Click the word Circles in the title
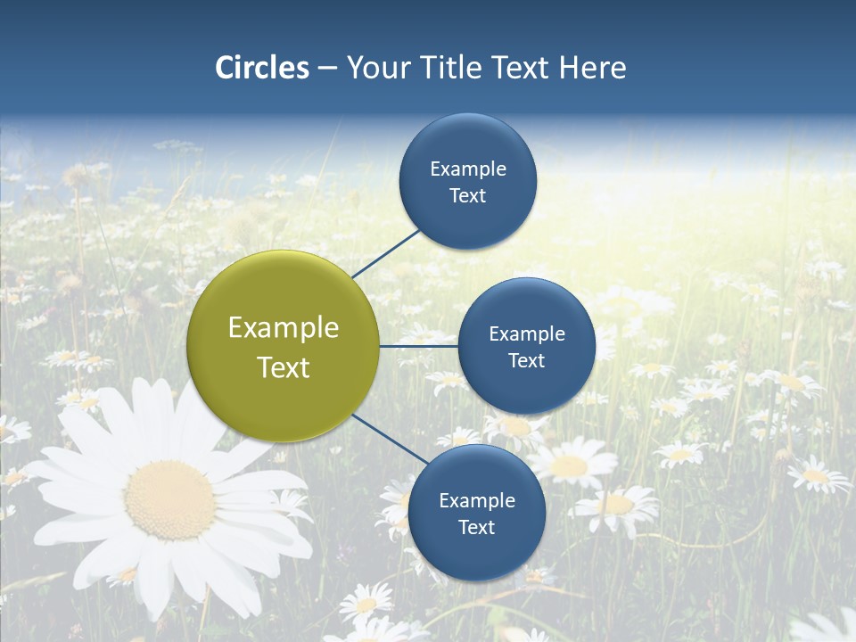(x=262, y=68)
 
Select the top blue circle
(x=467, y=143)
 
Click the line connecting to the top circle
(x=386, y=252)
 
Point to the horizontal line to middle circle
(x=418, y=346)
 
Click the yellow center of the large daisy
(x=169, y=499)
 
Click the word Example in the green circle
(x=284, y=328)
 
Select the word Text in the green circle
(x=284, y=367)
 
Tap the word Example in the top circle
(x=468, y=169)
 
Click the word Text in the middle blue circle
(x=526, y=361)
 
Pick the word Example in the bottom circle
(x=477, y=501)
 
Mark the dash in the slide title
(x=327, y=68)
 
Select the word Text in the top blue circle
(x=467, y=196)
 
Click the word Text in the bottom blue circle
(x=476, y=528)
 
